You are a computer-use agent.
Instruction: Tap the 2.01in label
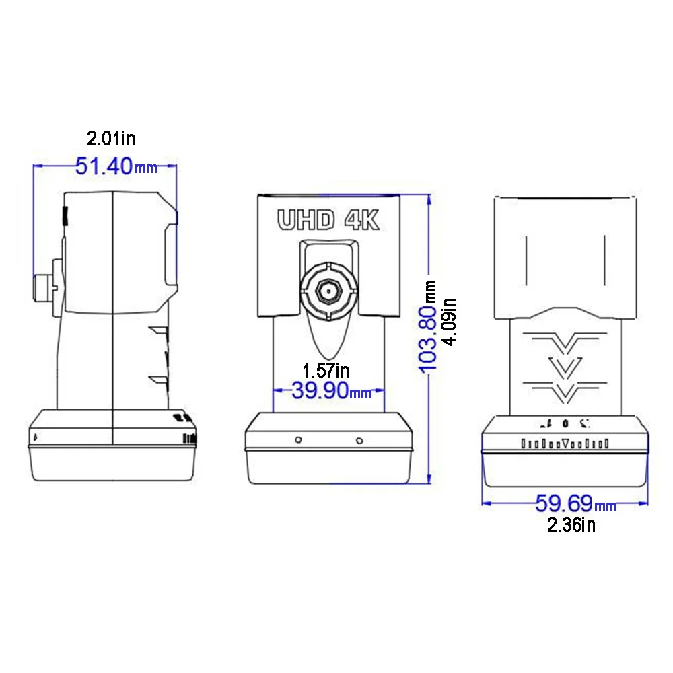point(111,139)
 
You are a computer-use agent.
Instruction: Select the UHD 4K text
point(328,221)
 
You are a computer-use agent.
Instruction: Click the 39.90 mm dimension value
point(330,390)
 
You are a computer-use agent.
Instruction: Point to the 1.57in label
point(326,369)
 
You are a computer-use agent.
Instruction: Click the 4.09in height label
point(449,322)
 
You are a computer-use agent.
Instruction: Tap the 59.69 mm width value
point(575,503)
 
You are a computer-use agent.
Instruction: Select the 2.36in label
point(571,525)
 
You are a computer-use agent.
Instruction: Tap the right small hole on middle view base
point(360,441)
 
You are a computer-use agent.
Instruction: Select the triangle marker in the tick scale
point(565,444)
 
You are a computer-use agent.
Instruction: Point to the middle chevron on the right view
point(565,365)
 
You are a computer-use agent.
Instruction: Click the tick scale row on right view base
point(565,444)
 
